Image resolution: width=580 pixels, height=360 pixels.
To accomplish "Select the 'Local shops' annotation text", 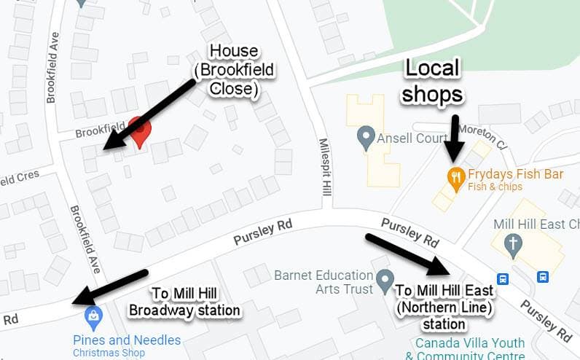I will [432, 81].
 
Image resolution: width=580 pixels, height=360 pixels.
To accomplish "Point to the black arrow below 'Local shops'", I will [455, 136].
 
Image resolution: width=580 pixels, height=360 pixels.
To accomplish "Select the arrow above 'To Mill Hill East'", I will [407, 254].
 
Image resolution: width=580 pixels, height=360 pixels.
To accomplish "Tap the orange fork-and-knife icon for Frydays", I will [456, 176].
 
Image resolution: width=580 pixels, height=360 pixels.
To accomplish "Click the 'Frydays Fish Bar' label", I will [516, 174].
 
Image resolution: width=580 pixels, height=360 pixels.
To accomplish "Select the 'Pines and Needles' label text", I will [126, 340].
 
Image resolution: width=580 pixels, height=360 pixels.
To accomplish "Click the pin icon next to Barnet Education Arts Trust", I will [385, 278].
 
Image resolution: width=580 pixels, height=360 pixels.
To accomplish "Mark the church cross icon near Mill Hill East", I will [514, 244].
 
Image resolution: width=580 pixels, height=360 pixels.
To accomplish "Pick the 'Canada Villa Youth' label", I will [469, 343].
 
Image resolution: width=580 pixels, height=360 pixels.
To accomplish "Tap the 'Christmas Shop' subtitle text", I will [109, 353].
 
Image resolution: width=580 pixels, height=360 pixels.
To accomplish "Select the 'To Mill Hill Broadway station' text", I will [184, 302].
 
